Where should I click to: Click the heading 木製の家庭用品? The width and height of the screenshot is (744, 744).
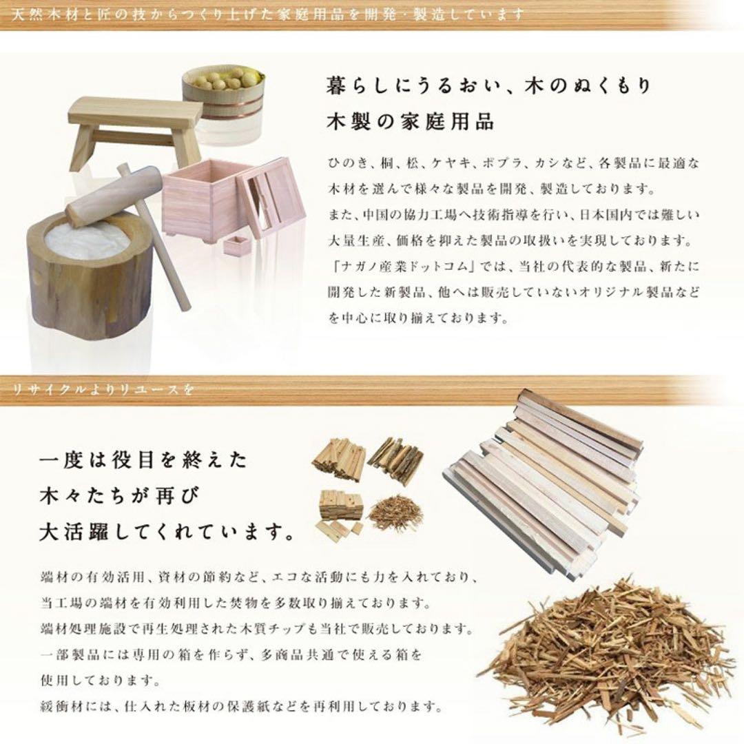(411, 122)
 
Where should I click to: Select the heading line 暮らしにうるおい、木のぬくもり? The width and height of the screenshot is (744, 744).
(488, 86)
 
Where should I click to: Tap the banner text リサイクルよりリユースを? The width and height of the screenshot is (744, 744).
(103, 390)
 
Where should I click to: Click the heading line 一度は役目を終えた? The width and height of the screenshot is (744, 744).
(143, 459)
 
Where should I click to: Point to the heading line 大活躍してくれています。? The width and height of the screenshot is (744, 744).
(166, 533)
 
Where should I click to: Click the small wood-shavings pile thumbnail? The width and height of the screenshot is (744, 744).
(392, 513)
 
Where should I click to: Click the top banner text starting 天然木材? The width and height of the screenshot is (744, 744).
(268, 14)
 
